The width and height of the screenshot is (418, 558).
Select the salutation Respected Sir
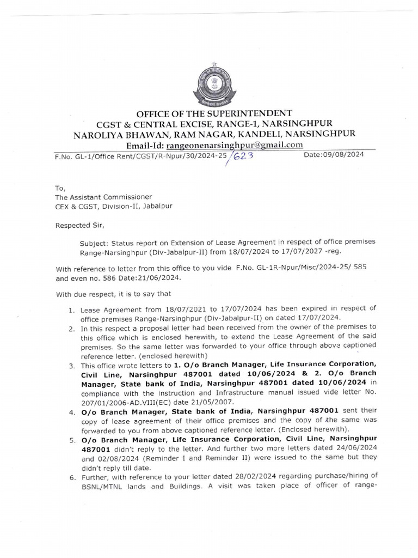77,223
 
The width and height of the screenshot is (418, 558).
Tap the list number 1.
71,309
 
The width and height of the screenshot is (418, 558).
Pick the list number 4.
71,410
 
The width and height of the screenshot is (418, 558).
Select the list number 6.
71,478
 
